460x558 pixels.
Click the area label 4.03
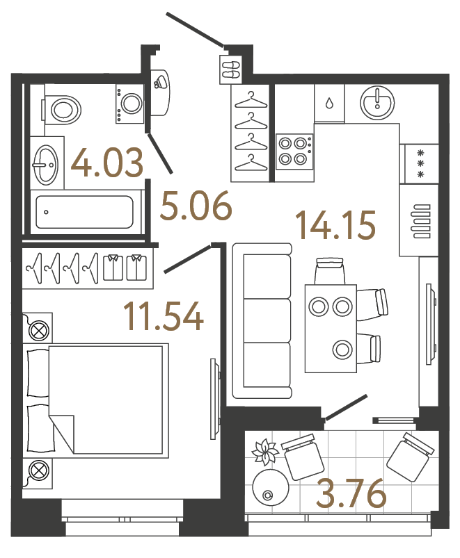click(x=108, y=163)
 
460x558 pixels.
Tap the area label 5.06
click(x=195, y=206)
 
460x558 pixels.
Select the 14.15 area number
click(x=335, y=224)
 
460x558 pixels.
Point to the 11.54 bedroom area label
click(x=163, y=316)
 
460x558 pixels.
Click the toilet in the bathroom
click(x=63, y=108)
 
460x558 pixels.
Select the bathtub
click(x=84, y=211)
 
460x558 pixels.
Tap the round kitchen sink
click(x=378, y=102)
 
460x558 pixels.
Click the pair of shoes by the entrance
click(x=230, y=69)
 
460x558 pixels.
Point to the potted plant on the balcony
click(x=265, y=453)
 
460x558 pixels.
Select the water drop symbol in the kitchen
click(x=329, y=103)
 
